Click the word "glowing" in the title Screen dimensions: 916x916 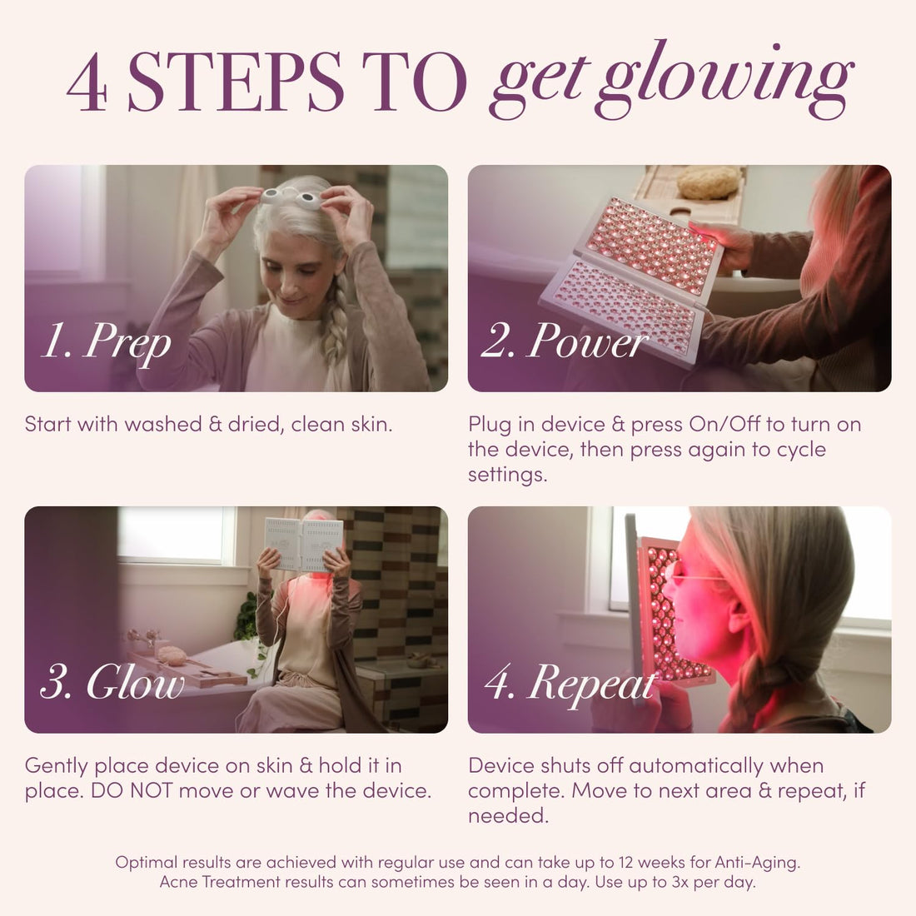pos(724,79)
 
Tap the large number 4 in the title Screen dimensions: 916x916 pos(87,83)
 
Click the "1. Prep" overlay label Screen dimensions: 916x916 pos(106,342)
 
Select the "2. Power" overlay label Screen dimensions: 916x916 pos(565,342)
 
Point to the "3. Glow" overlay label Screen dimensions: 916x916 pos(112,684)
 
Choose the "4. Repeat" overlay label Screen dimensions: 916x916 pos(571,684)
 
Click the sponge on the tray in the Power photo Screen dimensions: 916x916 pos(708,182)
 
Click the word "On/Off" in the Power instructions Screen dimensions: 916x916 pos(724,425)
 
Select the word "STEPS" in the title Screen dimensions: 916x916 pos(236,83)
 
